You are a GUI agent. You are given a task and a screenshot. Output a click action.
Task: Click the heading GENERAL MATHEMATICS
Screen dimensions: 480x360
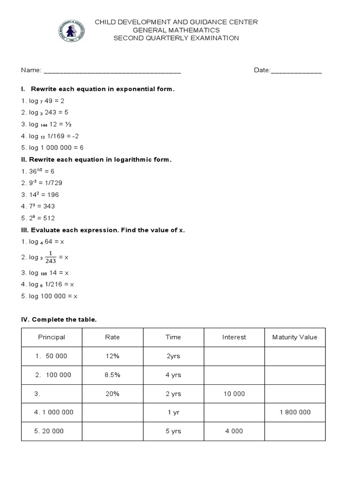pyautogui.click(x=176, y=30)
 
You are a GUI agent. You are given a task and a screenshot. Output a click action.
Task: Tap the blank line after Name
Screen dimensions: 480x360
pyautogui.click(x=112, y=71)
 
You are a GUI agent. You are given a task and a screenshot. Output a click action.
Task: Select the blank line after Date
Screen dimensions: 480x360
pyautogui.click(x=296, y=71)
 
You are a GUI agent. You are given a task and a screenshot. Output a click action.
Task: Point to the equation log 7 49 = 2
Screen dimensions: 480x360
pyautogui.click(x=42, y=101)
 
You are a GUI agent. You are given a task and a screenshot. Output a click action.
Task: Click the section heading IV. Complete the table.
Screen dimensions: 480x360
pyautogui.click(x=59, y=320)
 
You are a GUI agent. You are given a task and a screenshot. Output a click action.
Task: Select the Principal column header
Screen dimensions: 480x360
pyautogui.click(x=52, y=337)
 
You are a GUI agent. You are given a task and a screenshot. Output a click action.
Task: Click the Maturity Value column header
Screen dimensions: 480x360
pyautogui.click(x=295, y=337)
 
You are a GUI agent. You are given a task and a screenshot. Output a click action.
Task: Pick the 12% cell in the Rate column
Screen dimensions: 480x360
pyautogui.click(x=112, y=356)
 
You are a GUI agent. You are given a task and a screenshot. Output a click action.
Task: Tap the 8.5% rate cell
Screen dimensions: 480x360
pyautogui.click(x=112, y=375)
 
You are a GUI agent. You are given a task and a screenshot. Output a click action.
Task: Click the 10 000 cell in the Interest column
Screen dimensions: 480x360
pyautogui.click(x=234, y=394)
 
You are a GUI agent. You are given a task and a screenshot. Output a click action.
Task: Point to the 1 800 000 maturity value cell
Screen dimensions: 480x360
pyautogui.click(x=295, y=412)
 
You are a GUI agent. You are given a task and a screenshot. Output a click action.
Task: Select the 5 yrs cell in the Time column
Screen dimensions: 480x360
pyautogui.click(x=173, y=431)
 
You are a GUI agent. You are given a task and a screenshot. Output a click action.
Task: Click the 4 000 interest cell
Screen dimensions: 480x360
pyautogui.click(x=234, y=431)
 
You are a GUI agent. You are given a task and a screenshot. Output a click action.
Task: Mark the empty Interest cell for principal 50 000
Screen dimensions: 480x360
pyautogui.click(x=234, y=356)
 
